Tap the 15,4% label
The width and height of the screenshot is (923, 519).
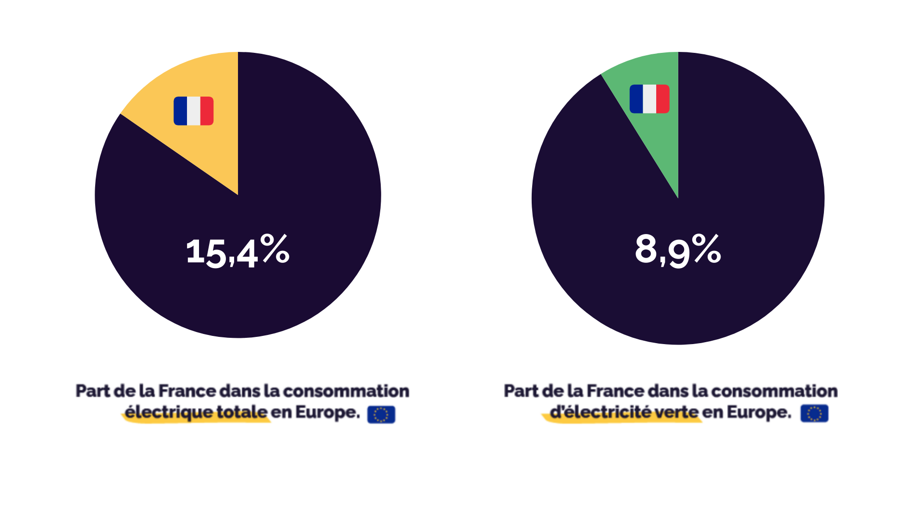237,251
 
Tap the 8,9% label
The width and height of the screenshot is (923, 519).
677,250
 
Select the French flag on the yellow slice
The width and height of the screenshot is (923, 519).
193,111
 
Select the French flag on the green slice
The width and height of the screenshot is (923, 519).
649,99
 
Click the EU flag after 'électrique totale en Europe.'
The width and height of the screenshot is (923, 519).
381,414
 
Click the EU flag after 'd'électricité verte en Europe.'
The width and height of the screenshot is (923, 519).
814,413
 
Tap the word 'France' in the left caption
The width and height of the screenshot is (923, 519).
187,391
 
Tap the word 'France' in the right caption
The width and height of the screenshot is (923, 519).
615,391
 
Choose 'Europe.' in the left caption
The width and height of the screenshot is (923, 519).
327,412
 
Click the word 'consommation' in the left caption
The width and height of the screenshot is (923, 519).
346,391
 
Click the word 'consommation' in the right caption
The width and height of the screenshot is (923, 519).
774,391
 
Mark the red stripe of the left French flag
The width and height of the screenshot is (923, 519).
207,111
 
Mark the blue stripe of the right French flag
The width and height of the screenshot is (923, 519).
636,99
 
